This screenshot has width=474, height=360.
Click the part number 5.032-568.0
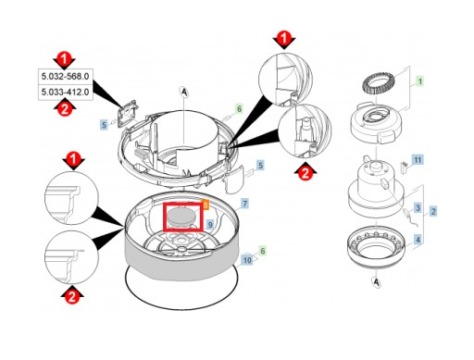65,76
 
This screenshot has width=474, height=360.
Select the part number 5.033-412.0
65,92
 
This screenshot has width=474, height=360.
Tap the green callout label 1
419,81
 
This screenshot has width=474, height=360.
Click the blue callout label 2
433,211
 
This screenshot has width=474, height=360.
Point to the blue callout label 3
418,207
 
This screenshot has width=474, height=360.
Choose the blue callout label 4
418,240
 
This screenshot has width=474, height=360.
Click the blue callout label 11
418,160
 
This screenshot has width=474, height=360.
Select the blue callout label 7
244,204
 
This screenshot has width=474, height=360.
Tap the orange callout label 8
206,205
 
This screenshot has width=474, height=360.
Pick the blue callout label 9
210,225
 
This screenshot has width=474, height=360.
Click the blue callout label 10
247,260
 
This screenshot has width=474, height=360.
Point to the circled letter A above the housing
184,92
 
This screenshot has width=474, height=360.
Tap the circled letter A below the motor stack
376,281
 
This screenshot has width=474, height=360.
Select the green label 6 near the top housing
239,109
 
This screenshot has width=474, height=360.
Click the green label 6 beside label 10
262,251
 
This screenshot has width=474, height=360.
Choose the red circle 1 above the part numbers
64,58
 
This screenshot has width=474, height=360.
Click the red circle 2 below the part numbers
65,109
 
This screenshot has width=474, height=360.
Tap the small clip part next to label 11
404,167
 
